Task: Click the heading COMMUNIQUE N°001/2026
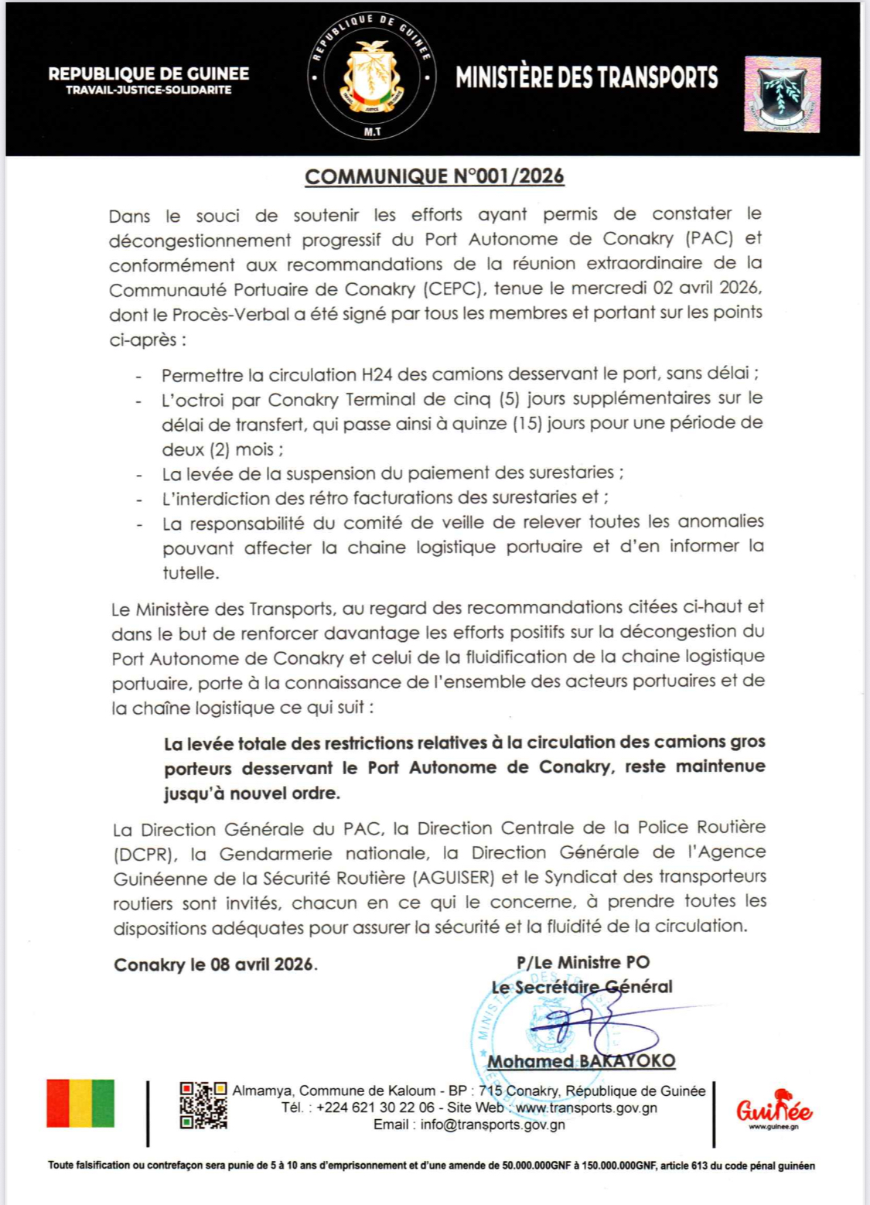(x=435, y=176)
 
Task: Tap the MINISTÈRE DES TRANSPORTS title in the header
(x=586, y=77)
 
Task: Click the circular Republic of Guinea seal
(x=372, y=77)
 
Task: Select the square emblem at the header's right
(x=782, y=94)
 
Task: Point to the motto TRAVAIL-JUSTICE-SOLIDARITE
(x=148, y=90)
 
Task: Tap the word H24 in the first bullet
(x=377, y=375)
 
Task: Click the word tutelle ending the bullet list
(x=190, y=573)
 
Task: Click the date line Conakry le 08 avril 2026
(x=215, y=964)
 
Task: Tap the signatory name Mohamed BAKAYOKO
(x=581, y=1061)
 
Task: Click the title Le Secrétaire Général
(x=582, y=987)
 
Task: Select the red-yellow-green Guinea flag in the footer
(x=80, y=1104)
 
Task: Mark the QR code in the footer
(x=203, y=1105)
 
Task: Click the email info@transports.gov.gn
(x=493, y=1125)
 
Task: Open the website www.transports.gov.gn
(x=586, y=1108)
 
